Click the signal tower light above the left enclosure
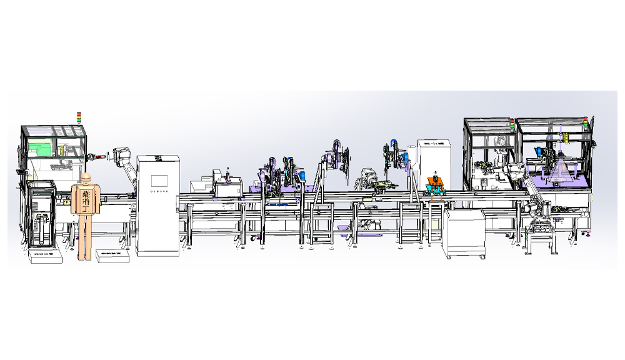tap(79, 117)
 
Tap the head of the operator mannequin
tap(86, 178)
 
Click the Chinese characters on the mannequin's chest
tap(86, 200)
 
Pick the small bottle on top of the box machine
tap(228, 172)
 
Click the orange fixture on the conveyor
tap(435, 185)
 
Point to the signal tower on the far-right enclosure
tap(586, 123)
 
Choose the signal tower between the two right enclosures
tap(512, 124)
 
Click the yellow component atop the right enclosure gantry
tap(564, 136)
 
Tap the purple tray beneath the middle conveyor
tap(345, 228)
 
